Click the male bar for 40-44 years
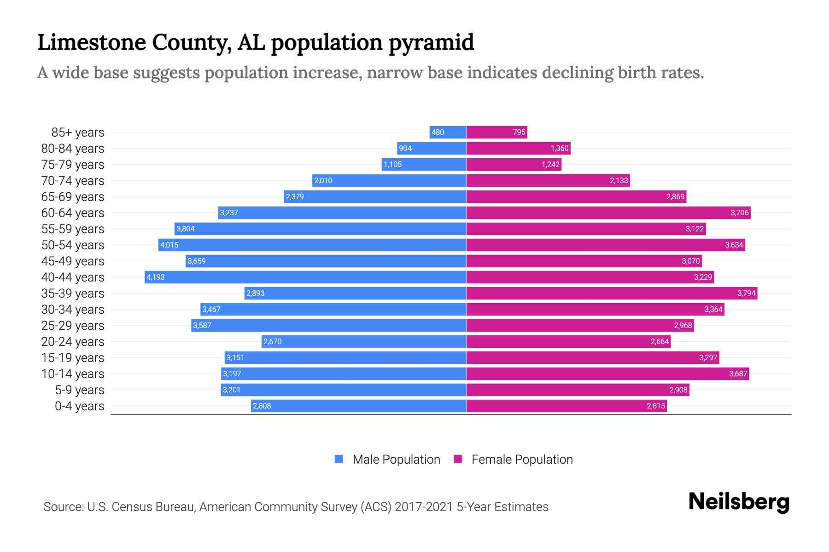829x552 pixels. point(305,277)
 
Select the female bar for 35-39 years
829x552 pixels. point(612,293)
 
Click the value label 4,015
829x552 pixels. point(169,245)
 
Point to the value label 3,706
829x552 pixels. point(739,213)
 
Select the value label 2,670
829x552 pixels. point(272,341)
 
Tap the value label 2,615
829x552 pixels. point(655,406)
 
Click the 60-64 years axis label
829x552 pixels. point(73,213)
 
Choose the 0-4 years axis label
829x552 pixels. point(79,406)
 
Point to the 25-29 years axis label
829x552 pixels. point(73,326)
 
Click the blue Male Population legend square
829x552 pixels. point(339,459)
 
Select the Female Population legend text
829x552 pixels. point(522,460)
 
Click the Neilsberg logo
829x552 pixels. point(739,502)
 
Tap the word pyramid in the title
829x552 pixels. point(431,43)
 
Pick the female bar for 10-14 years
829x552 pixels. point(607,374)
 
